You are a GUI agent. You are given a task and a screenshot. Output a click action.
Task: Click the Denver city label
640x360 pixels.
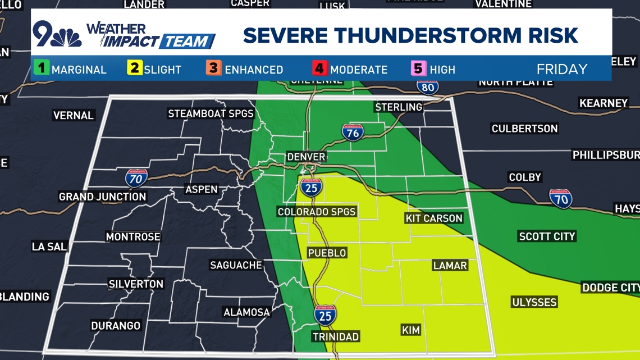pos(306,157)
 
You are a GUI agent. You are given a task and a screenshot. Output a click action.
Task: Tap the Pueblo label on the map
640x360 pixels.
pos(327,253)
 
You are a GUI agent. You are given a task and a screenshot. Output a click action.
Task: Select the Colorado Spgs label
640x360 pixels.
pos(317,212)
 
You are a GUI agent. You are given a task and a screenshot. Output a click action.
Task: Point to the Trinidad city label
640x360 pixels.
pos(336,336)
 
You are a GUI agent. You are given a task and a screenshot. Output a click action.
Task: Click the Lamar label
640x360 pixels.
pos(450,265)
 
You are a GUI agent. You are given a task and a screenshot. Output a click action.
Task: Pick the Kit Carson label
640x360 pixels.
pos(433,218)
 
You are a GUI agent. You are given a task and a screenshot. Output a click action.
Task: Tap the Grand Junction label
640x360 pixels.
pos(103,197)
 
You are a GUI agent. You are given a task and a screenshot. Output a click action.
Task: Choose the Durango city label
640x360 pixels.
pos(116,326)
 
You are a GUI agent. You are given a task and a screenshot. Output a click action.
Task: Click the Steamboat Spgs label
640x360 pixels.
pos(211,113)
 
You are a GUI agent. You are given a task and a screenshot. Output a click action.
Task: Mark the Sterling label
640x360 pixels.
pos(399,107)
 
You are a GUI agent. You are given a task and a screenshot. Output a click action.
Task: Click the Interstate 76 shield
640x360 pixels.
pos(353,132)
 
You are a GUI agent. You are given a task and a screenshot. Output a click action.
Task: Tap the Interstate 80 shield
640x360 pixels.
pos(428,87)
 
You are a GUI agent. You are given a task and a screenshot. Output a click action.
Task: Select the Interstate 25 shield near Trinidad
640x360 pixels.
pos(325,315)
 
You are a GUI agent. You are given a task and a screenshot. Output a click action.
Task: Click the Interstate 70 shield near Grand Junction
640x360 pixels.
pos(136,178)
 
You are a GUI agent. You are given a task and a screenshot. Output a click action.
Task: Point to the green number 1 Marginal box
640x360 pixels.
pos(41,69)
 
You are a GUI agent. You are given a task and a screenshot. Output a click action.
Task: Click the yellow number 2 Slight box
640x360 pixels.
pos(134,69)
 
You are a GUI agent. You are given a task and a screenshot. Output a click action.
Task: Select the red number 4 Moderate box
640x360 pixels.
pos(319,69)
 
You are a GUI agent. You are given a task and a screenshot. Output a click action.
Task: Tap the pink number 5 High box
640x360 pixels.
pos(418,69)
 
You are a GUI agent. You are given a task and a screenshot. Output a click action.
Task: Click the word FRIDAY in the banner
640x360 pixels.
pos(561,69)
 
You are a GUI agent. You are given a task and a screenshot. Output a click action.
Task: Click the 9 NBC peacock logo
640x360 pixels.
pos(57,35)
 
